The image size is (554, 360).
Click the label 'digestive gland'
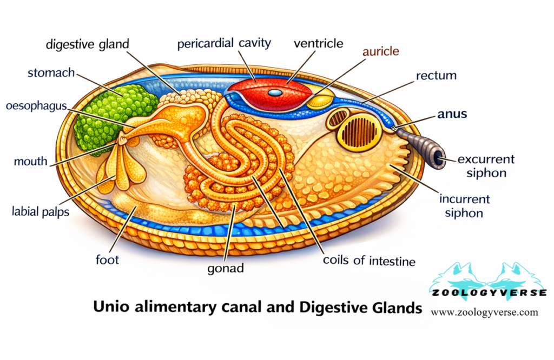pyautogui.click(x=87, y=44)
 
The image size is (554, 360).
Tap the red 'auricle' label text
pyautogui.click(x=380, y=52)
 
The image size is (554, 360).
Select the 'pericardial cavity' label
pyautogui.click(x=223, y=43)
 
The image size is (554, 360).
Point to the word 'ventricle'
pyautogui.click(x=318, y=43)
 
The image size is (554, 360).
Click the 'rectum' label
pyautogui.click(x=436, y=76)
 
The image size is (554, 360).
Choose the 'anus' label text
pyautogui.click(x=452, y=115)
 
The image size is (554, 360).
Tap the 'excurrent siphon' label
pyautogui.click(x=485, y=166)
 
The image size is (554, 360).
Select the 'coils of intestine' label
pyautogui.click(x=368, y=261)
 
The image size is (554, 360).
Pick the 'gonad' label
pyautogui.click(x=226, y=268)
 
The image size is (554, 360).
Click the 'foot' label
pyautogui.click(x=107, y=259)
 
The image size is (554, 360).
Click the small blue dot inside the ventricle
pyautogui.click(x=275, y=93)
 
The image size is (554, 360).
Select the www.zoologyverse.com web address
pyautogui.click(x=484, y=312)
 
